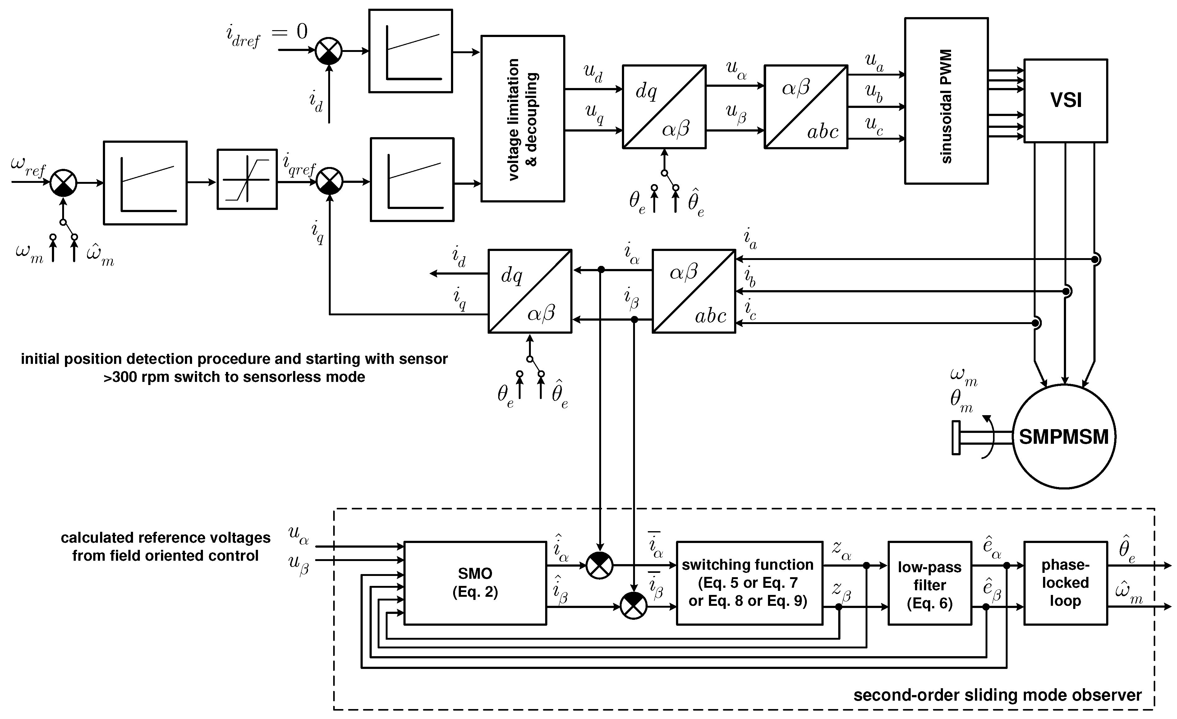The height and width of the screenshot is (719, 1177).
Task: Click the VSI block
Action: [x=1066, y=100]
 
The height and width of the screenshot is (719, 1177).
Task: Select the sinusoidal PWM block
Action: [x=946, y=101]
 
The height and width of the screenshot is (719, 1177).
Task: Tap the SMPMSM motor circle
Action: [x=1064, y=436]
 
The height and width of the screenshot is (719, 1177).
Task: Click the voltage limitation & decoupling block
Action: [x=522, y=118]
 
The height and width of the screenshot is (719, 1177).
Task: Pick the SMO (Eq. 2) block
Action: [x=475, y=583]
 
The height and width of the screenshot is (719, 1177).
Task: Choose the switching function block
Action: [x=749, y=583]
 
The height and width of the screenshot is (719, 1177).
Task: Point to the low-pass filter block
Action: [x=930, y=583]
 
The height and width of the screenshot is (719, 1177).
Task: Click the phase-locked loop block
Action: [x=1065, y=583]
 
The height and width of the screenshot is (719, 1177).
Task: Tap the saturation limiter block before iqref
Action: [x=247, y=179]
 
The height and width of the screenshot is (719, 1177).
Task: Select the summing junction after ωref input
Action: [x=63, y=183]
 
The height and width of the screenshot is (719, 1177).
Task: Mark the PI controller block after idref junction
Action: [x=410, y=51]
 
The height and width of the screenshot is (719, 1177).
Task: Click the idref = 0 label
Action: [x=267, y=35]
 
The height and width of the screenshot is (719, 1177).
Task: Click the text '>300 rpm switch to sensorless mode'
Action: [x=234, y=377]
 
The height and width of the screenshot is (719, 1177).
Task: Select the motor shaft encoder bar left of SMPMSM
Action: [x=956, y=438]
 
